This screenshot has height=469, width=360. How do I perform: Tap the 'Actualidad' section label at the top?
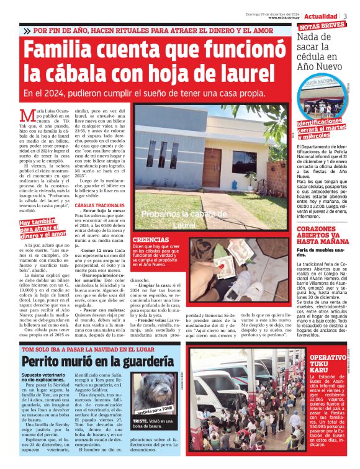pos(321,16)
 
